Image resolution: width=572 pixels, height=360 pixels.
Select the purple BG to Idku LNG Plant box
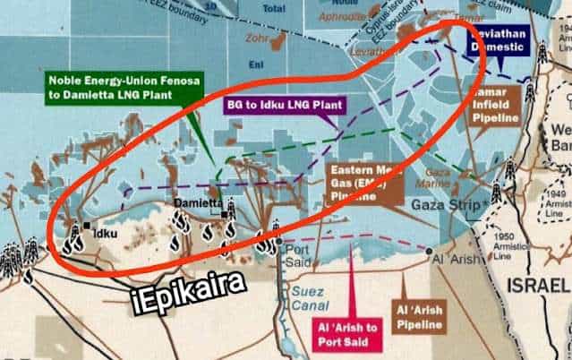coord(284,105)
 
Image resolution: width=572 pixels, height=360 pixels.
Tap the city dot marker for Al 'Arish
coord(431,252)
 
